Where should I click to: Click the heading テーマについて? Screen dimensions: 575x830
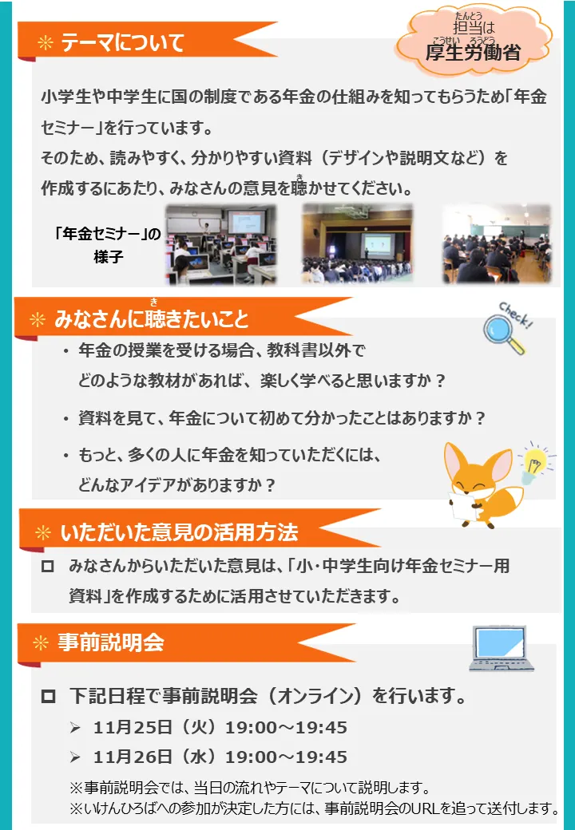[x=123, y=43]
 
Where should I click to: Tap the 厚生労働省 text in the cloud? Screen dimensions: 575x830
[x=474, y=53]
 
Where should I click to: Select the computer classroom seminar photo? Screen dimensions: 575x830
[x=220, y=244]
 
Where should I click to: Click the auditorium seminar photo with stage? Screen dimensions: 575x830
[x=358, y=243]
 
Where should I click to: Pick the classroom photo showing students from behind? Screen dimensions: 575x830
[x=497, y=243]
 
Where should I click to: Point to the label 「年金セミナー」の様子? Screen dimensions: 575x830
[x=108, y=244]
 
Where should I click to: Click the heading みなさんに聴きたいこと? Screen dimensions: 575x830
[x=152, y=319]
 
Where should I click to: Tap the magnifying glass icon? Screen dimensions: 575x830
[x=503, y=335]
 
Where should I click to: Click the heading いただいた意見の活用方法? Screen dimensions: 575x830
[x=179, y=532]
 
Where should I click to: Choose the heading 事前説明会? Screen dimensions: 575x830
[x=111, y=642]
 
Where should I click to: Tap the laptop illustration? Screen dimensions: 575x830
[x=501, y=648]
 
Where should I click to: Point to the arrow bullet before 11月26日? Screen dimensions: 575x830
[x=75, y=757]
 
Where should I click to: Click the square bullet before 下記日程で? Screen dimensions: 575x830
[x=48, y=696]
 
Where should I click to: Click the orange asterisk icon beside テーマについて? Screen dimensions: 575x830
[x=46, y=43]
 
